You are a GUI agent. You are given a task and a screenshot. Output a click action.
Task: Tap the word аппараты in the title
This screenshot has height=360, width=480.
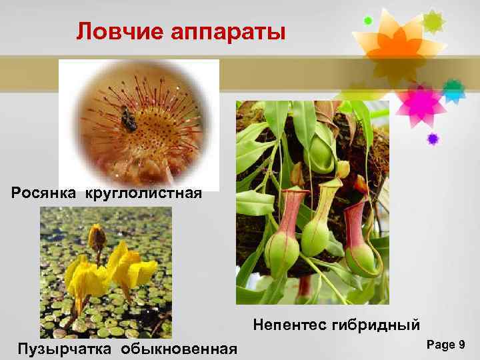click(227, 31)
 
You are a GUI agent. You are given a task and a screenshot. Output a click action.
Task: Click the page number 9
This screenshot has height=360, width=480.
click(461, 344)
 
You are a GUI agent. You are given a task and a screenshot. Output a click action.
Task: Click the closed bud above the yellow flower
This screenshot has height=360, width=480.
click(98, 237)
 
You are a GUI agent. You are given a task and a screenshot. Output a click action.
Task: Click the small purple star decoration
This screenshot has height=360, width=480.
click(433, 139)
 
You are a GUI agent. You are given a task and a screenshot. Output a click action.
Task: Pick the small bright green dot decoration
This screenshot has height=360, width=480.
click(367, 21)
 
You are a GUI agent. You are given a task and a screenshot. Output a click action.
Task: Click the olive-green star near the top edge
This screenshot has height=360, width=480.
click(434, 21)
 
